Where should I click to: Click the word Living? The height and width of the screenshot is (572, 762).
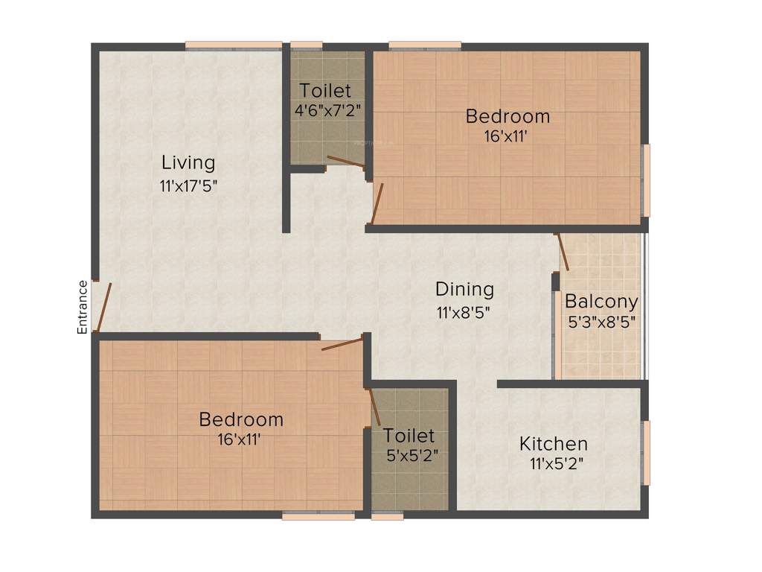pyautogui.click(x=188, y=162)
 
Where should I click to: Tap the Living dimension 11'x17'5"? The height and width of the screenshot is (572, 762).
pyautogui.click(x=188, y=185)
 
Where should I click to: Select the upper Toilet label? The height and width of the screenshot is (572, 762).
pyautogui.click(x=325, y=91)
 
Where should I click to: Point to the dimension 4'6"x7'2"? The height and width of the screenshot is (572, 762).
pyautogui.click(x=328, y=110)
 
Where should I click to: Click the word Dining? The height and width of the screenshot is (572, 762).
pyautogui.click(x=464, y=289)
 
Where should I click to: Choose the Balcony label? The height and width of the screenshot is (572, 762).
pyautogui.click(x=601, y=302)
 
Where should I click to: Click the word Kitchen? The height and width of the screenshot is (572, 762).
pyautogui.click(x=554, y=444)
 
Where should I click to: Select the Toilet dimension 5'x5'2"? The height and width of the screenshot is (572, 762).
pyautogui.click(x=409, y=456)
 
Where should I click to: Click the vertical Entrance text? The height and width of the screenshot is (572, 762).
pyautogui.click(x=83, y=306)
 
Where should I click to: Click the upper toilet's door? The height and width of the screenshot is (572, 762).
pyautogui.click(x=346, y=162)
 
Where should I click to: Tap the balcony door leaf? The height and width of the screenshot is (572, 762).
pyautogui.click(x=563, y=252)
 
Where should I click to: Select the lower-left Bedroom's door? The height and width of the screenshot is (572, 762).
pyautogui.click(x=342, y=343)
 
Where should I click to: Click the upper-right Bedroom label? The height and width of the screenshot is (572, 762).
pyautogui.click(x=508, y=116)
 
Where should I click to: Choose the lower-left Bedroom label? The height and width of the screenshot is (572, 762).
pyautogui.click(x=241, y=419)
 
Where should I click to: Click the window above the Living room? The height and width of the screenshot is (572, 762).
pyautogui.click(x=233, y=46)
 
